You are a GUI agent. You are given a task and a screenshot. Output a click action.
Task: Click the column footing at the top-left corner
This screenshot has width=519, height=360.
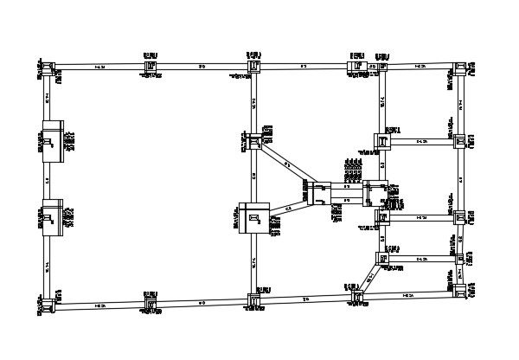point(51,66)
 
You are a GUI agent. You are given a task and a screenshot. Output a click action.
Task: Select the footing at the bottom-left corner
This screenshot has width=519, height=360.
point(51,307)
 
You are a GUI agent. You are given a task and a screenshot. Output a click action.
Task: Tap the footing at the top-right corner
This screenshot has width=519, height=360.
point(459,67)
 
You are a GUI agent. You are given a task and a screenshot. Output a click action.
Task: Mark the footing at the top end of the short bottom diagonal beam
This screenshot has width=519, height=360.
point(381,257)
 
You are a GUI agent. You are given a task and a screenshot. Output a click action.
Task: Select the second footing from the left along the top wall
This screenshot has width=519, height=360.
point(151,66)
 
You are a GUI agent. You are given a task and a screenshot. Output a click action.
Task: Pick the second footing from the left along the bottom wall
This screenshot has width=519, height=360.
point(151,305)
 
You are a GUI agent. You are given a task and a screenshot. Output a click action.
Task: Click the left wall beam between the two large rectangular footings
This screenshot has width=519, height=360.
point(48,181)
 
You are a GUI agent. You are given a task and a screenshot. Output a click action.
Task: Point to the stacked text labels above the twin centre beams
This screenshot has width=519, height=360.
point(353,172)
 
